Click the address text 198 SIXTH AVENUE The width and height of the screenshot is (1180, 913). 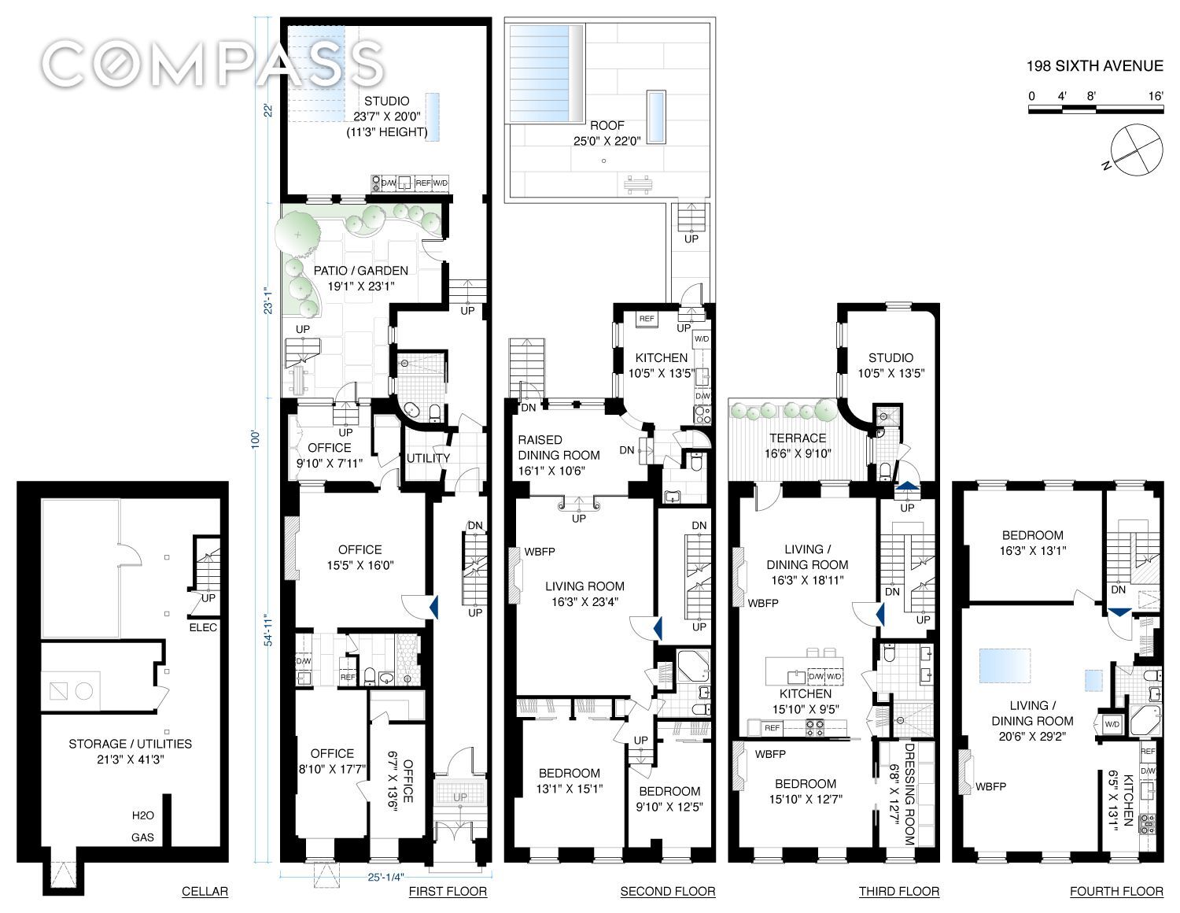click(1094, 66)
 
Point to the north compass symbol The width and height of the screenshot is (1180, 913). click(1137, 150)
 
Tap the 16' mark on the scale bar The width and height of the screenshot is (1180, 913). click(1156, 96)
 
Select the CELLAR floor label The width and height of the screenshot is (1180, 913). click(205, 891)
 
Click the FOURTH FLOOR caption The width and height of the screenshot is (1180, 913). click(1116, 891)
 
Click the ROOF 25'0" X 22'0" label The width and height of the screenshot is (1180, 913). click(607, 133)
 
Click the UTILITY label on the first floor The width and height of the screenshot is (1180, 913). click(429, 458)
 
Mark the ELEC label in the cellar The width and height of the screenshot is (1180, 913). click(203, 627)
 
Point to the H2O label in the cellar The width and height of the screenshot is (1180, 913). click(143, 815)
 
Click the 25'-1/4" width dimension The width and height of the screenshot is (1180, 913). click(386, 877)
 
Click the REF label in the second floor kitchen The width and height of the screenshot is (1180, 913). click(646, 318)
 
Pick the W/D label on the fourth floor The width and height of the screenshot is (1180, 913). click(1112, 724)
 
